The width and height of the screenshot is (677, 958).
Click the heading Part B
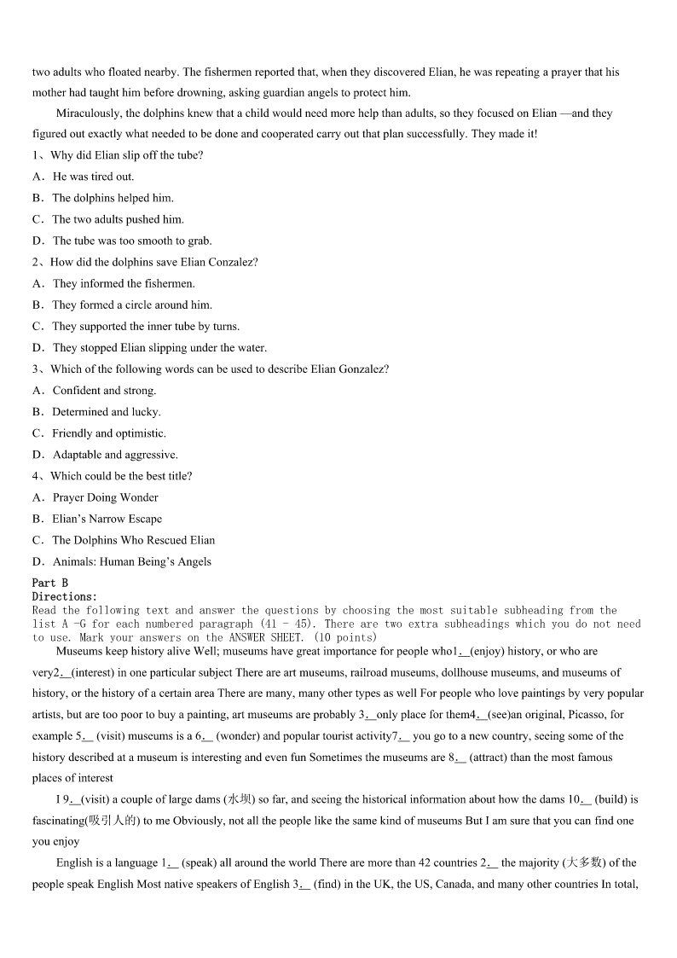(x=49, y=583)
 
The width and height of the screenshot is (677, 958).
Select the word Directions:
(x=65, y=596)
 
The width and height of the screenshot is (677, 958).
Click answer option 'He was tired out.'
(x=93, y=177)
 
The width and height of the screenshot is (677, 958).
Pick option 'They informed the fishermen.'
(x=124, y=283)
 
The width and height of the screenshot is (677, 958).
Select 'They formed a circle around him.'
(x=132, y=305)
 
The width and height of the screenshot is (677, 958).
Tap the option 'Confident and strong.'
(x=104, y=391)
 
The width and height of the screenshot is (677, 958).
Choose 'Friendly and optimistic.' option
(x=109, y=433)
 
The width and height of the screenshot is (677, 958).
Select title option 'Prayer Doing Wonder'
(x=105, y=497)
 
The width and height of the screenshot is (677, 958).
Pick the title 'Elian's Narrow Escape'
(x=107, y=519)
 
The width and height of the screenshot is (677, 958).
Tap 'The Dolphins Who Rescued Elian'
(x=133, y=540)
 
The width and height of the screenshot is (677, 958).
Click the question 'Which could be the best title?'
(x=121, y=476)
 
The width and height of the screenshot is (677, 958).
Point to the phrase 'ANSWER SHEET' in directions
(x=266, y=637)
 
